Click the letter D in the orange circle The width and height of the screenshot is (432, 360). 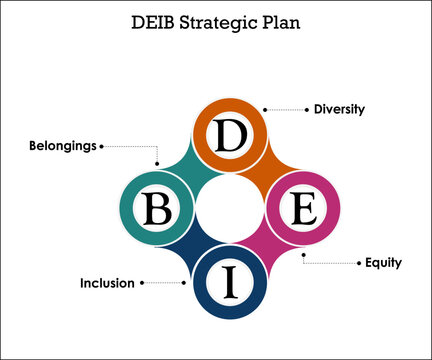click(x=231, y=136)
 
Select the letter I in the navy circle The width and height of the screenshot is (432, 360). click(x=231, y=282)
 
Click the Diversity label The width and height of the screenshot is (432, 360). click(x=339, y=109)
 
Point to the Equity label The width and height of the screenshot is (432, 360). click(x=382, y=263)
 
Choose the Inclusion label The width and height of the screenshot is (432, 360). click(x=107, y=283)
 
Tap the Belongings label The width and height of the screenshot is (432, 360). click(x=63, y=145)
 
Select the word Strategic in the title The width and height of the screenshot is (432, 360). click(x=230, y=23)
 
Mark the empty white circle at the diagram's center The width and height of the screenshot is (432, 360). click(x=230, y=209)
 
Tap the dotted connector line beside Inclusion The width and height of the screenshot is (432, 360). click(x=165, y=283)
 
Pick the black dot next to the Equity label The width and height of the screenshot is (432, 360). click(x=359, y=263)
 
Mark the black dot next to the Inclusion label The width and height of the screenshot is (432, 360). click(x=142, y=283)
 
